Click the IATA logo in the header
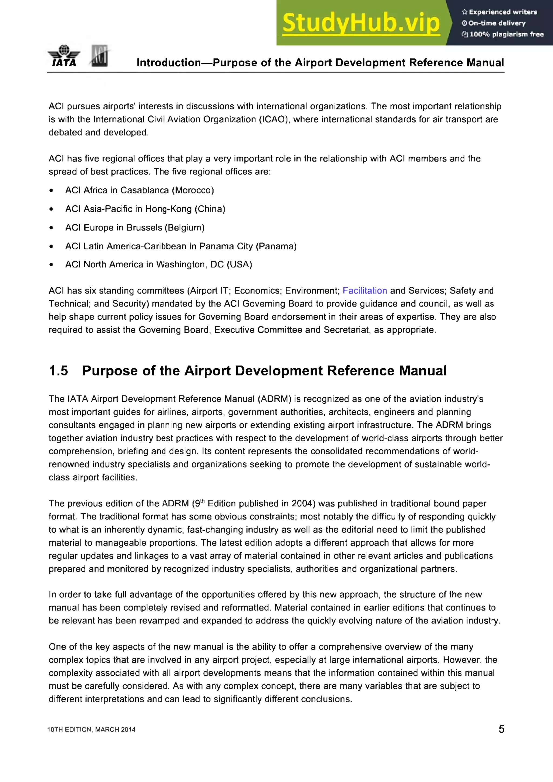point(64,56)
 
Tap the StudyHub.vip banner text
point(361,23)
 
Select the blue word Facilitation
point(365,291)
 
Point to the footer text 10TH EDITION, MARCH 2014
point(91,730)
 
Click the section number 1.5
point(58,371)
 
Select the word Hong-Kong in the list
point(168,209)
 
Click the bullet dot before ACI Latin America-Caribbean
point(51,246)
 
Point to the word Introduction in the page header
point(168,63)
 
